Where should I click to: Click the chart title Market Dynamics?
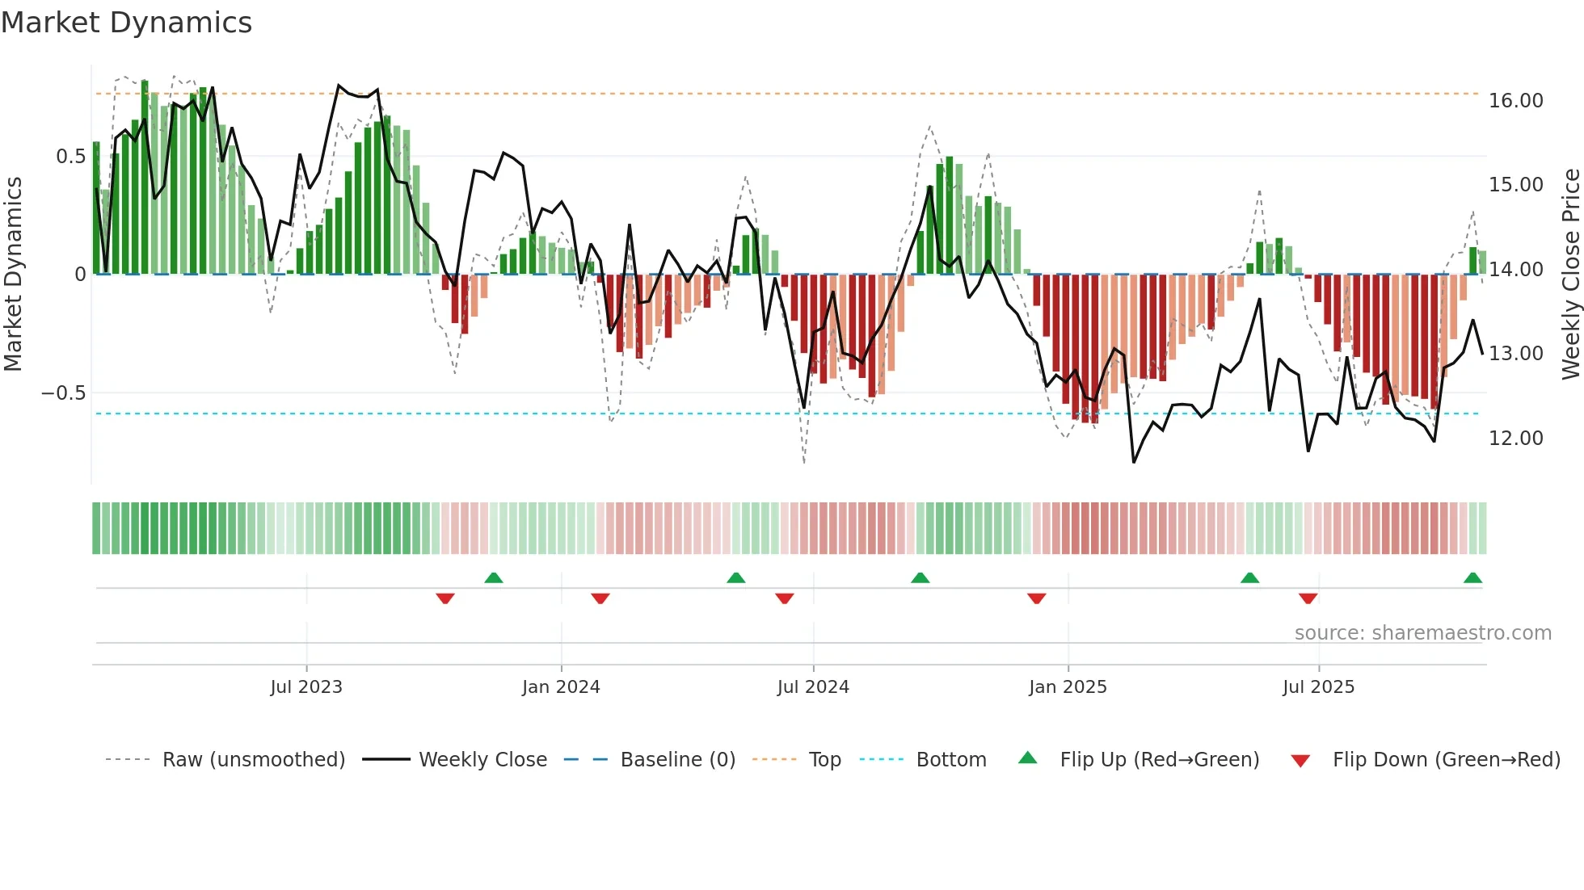point(127,23)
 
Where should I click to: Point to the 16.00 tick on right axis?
point(1515,101)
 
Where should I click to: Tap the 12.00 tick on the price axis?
point(1515,438)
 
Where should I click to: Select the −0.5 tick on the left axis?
point(63,393)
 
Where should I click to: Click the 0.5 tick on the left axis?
point(70,156)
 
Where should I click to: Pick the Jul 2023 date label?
point(306,687)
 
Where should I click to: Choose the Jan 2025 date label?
point(1068,687)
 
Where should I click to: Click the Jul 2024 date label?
point(813,687)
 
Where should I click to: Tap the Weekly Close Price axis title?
point(1570,274)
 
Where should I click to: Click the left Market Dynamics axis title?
point(14,274)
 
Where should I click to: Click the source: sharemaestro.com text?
point(1422,633)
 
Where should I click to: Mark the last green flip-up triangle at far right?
point(1472,578)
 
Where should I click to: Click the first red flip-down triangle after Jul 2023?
point(445,598)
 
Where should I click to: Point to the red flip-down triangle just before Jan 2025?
point(1037,598)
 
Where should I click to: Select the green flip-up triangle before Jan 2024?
point(494,578)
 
